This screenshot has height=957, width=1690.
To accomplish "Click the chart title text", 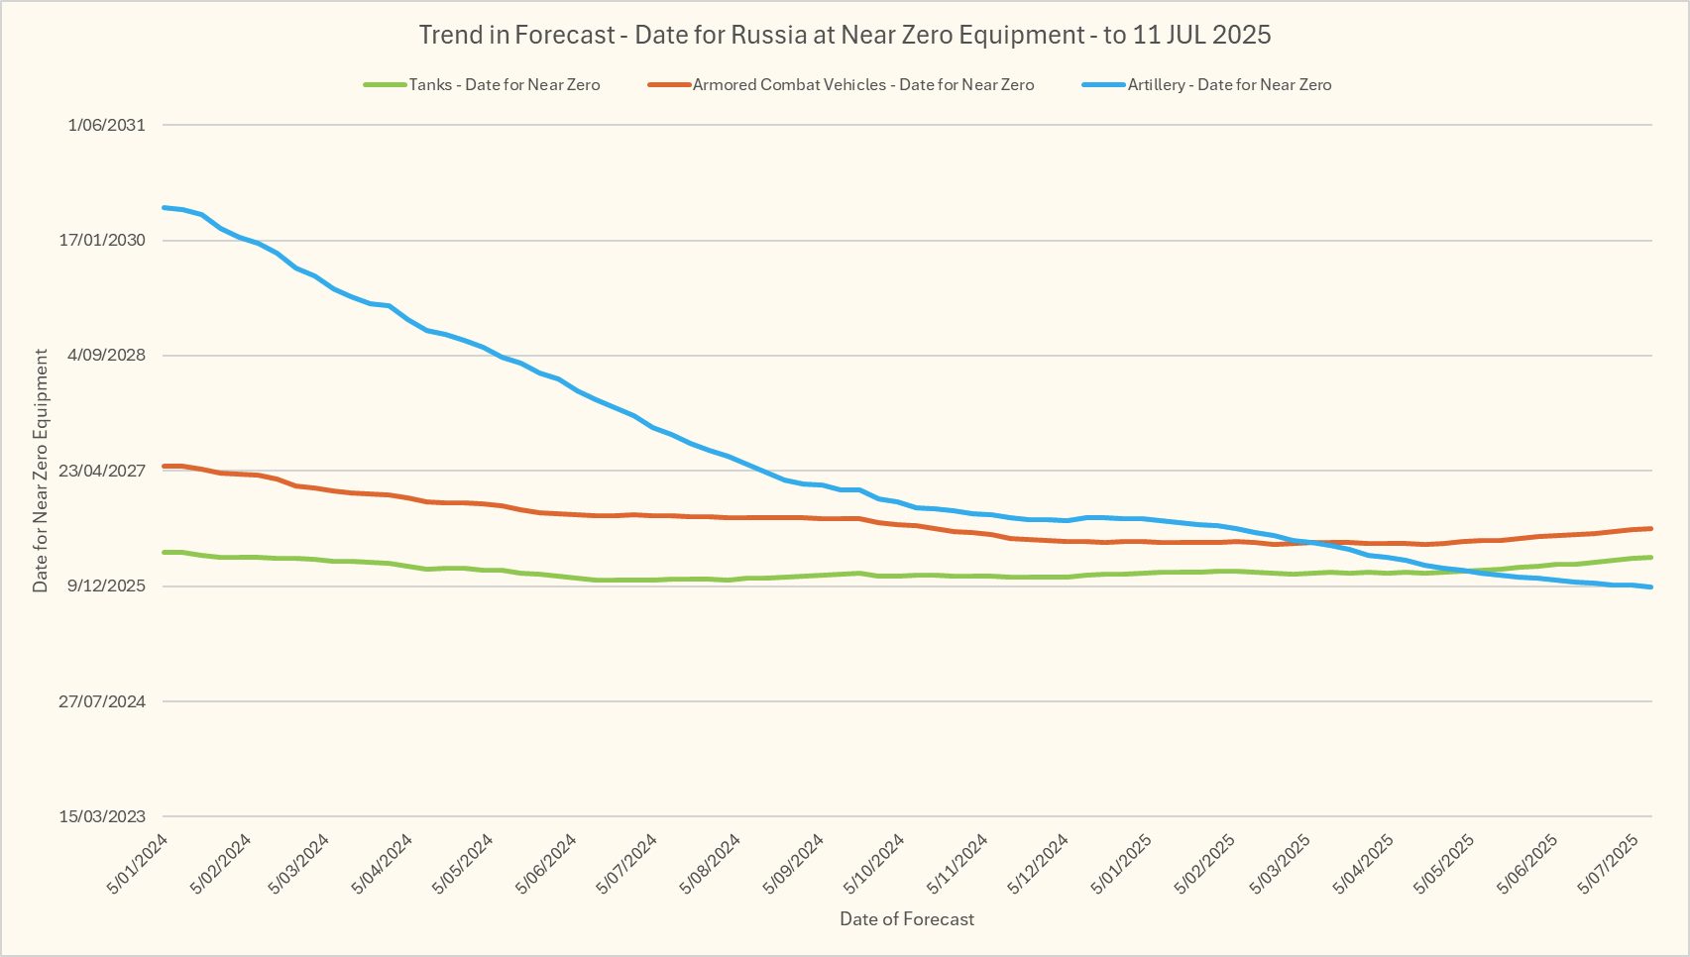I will pyautogui.click(x=845, y=36).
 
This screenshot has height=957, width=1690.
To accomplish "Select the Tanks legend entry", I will pyautogui.click(x=504, y=85).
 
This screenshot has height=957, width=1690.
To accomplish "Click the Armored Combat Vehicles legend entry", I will pyautogui.click(x=862, y=85).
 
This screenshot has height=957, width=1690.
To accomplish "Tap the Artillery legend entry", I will pyautogui.click(x=1229, y=85).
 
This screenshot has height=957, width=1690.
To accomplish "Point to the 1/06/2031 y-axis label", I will pyautogui.click(x=106, y=125).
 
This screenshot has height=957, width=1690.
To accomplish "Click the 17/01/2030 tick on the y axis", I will pyautogui.click(x=102, y=241).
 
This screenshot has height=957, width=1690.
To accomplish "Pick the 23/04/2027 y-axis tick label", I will pyautogui.click(x=102, y=471).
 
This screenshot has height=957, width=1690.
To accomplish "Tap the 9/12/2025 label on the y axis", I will pyautogui.click(x=106, y=586).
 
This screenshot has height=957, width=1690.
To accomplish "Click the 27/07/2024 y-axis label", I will pyautogui.click(x=102, y=701).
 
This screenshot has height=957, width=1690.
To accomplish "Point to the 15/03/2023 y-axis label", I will pyautogui.click(x=102, y=816).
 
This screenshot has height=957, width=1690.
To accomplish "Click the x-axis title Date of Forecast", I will pyautogui.click(x=907, y=919).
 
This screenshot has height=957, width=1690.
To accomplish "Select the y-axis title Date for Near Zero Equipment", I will pyautogui.click(x=41, y=471).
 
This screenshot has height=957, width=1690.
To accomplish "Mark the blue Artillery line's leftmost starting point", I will pyautogui.click(x=164, y=207).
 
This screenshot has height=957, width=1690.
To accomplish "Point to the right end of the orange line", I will pyautogui.click(x=1650, y=528).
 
